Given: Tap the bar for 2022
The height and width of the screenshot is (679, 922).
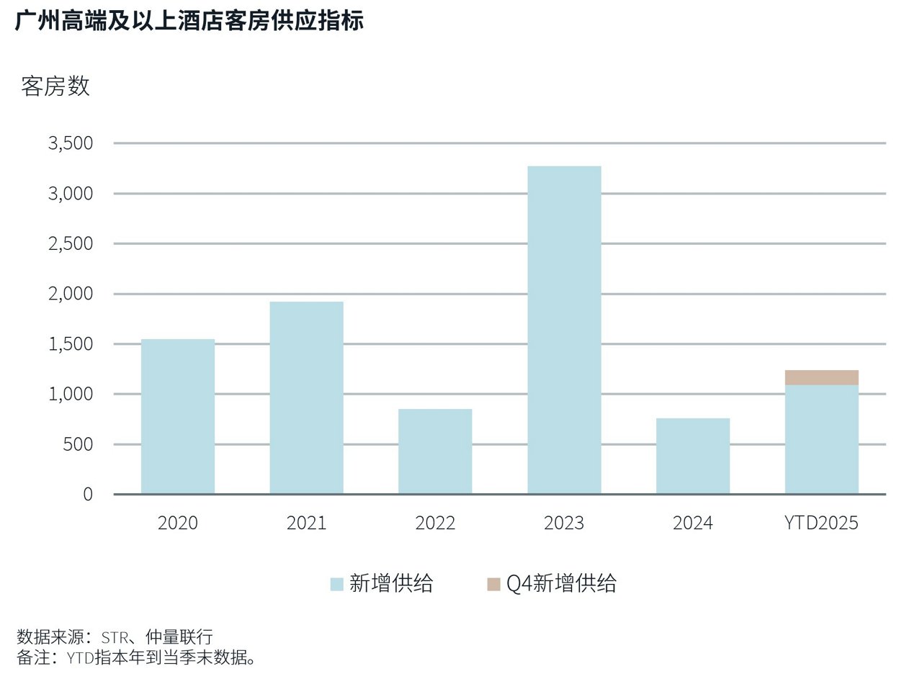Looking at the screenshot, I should click(435, 451).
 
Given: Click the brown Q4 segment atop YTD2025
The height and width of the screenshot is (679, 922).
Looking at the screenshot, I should click(821, 377).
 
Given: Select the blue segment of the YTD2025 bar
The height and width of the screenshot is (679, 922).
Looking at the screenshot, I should click(821, 439).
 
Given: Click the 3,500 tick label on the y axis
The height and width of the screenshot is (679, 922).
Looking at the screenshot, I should click(71, 143).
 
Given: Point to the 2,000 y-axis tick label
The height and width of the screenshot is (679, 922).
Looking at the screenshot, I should click(71, 294).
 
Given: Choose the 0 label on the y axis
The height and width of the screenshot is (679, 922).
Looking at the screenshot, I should click(88, 494).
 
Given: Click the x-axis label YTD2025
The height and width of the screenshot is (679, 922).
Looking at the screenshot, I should click(821, 523).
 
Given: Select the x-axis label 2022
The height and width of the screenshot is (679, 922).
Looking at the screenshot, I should click(435, 523).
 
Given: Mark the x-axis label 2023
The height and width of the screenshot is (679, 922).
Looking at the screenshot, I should click(564, 523).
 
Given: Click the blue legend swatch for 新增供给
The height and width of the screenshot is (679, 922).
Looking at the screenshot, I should click(336, 584).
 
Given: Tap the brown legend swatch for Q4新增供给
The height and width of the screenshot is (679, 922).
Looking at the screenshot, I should click(493, 584).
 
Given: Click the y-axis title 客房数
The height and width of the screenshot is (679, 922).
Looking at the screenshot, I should click(55, 86).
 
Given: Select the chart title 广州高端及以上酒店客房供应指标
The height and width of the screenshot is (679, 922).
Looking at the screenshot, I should click(189, 20).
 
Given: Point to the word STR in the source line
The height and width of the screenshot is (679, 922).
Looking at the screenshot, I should click(115, 637).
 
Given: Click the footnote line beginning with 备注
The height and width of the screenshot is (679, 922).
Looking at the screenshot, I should click(137, 657).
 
